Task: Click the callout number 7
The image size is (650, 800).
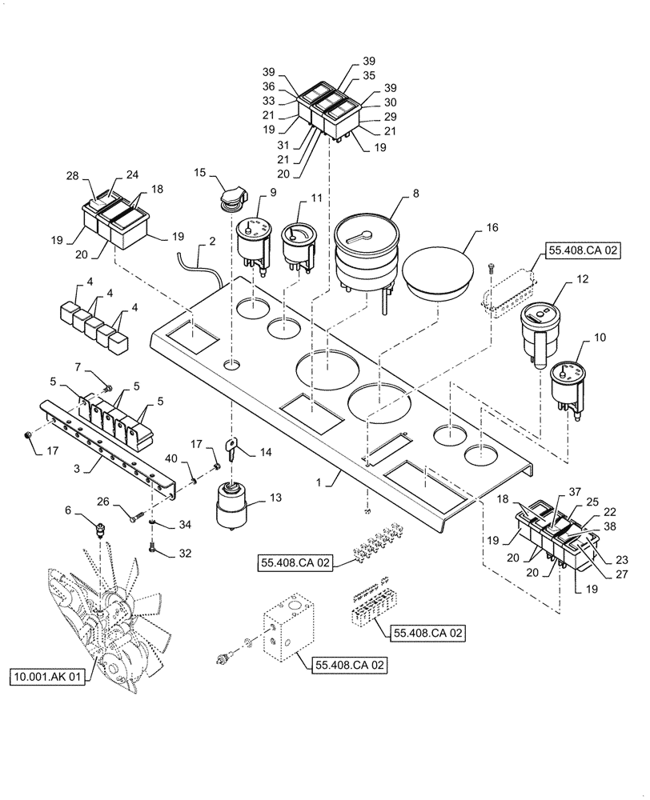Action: [78, 366]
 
